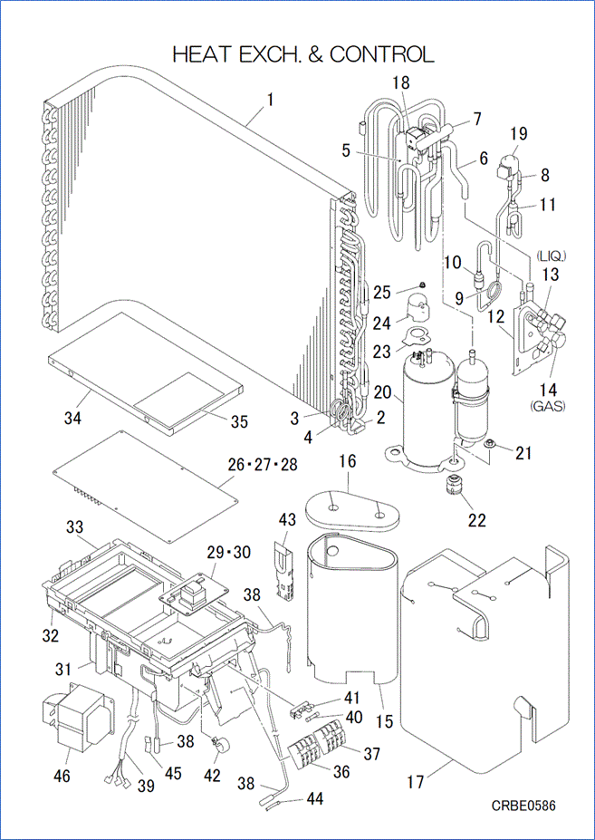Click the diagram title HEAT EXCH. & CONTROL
point(302,54)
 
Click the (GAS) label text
point(547,406)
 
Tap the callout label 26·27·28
point(263,465)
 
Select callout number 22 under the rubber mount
point(476,520)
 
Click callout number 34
point(72,418)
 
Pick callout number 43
point(287,520)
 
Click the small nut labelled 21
point(489,443)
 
